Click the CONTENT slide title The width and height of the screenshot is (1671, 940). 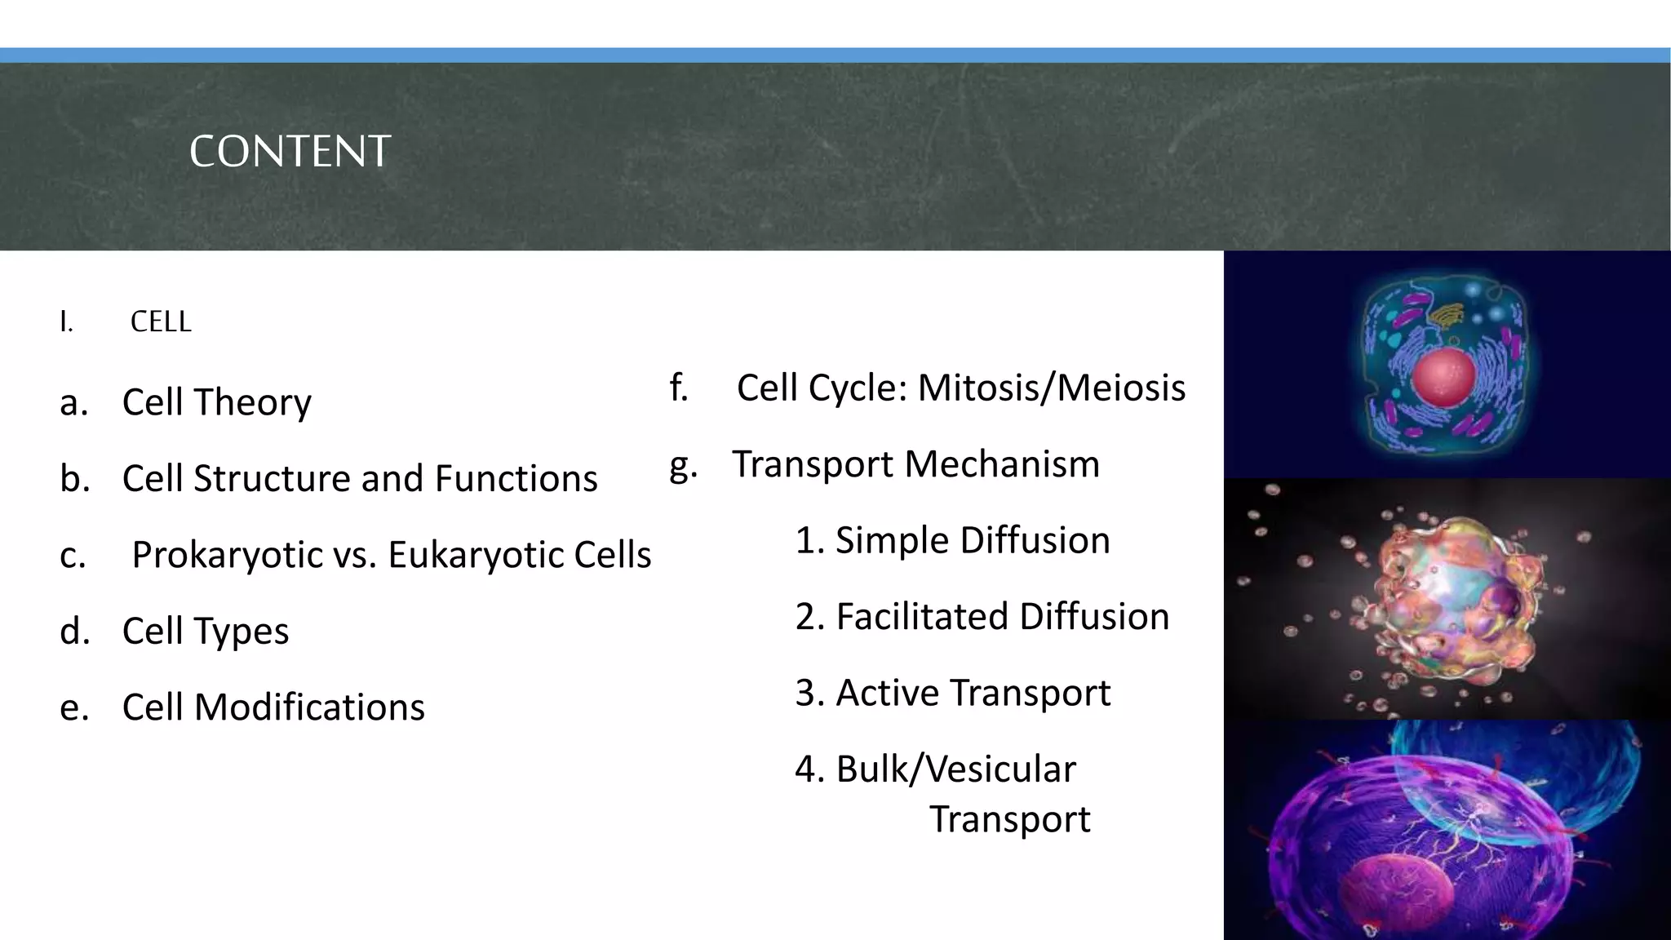pos(290,152)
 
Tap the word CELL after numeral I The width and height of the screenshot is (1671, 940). pos(161,322)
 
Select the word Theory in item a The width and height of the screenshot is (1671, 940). pos(252,402)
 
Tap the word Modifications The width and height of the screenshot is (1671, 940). pos(309,707)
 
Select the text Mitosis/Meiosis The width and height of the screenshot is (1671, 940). pos(1052,388)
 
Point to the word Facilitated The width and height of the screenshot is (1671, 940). pos(921,617)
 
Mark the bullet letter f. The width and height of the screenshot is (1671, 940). pos(678,388)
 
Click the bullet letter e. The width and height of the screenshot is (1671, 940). pos(73,707)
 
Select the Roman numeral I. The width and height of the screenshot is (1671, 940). pos(66,322)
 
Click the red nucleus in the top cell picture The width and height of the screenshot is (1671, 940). pos(1443,378)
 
